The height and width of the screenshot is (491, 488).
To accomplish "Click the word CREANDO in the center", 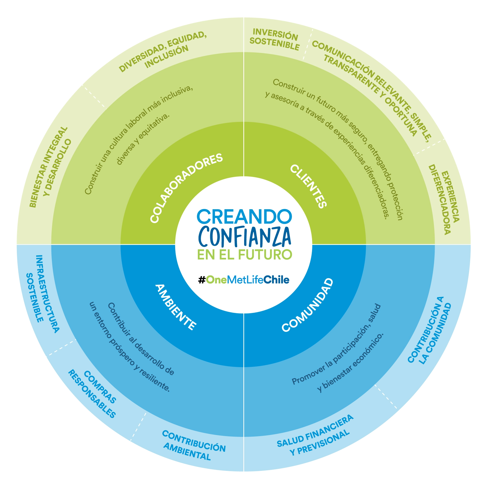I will point(244,217).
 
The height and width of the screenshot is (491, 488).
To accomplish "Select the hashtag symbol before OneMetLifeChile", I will point(202,280).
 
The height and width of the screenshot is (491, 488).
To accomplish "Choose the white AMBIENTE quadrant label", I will point(175,307).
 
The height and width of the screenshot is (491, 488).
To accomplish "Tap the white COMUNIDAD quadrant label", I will point(307,305).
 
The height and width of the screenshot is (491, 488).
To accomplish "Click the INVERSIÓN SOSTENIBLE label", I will point(275,40).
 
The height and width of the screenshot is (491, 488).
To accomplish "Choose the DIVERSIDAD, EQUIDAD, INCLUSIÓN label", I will point(163,52).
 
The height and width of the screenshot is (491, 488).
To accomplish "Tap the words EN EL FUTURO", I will point(244,255).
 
